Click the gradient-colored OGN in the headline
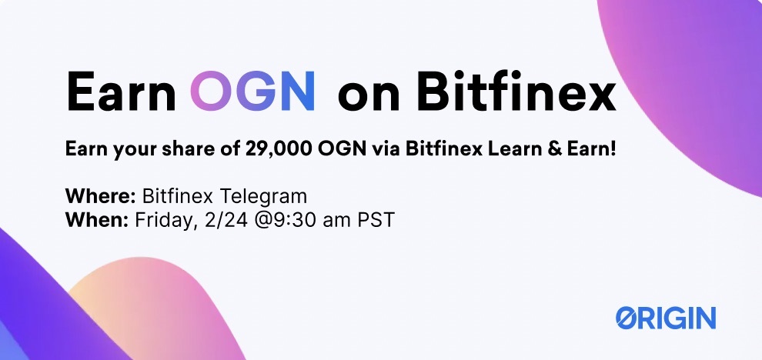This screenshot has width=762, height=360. (252, 90)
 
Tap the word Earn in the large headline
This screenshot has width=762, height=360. (121, 91)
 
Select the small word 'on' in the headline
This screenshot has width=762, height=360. (369, 95)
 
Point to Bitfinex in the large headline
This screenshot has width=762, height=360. (516, 90)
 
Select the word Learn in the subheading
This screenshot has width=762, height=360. (513, 148)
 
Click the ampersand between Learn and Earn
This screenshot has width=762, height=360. (549, 148)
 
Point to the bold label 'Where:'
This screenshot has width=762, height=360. (101, 196)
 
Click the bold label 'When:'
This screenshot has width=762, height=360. (97, 220)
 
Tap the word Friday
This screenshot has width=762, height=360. (162, 222)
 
